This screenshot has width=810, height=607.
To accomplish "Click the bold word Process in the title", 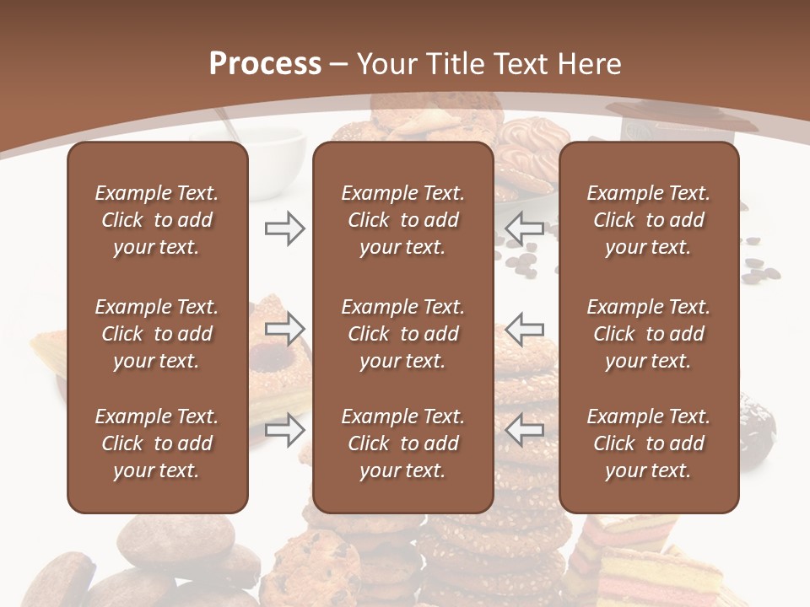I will click(265, 64).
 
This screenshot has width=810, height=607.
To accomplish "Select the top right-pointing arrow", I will click(285, 228).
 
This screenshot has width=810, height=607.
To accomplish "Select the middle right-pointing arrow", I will click(285, 329).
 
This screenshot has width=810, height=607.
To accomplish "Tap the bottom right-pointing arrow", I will click(285, 431).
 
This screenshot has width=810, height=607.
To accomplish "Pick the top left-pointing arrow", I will click(524, 228).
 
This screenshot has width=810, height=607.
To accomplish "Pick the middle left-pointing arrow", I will click(524, 329).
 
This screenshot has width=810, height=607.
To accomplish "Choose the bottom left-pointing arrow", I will click(524, 431).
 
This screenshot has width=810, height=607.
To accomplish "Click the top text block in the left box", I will click(157, 220).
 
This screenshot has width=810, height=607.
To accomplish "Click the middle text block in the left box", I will click(157, 334).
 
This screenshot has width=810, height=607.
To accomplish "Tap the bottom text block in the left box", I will click(157, 443).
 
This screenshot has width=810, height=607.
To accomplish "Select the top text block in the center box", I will click(402, 220).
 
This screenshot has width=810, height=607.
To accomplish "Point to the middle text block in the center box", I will click(402, 334).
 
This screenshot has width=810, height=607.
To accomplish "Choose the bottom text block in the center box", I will click(402, 443).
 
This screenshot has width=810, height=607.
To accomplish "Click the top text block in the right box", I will click(648, 220).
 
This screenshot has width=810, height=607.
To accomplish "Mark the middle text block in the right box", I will click(648, 334).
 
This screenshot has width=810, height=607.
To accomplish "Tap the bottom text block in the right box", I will click(648, 443).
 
